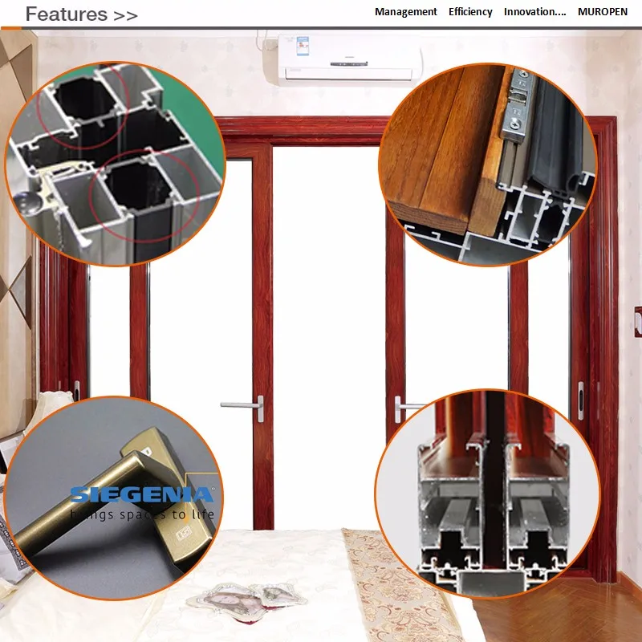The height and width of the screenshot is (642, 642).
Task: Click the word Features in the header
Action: [66, 14]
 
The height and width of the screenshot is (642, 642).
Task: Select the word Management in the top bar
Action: [405, 12]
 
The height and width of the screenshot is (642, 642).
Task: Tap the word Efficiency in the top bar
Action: [470, 12]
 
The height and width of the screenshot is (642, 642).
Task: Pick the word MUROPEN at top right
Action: [606, 12]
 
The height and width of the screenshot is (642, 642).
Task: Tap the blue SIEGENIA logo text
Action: [141, 495]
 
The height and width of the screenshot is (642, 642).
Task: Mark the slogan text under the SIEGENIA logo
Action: [141, 514]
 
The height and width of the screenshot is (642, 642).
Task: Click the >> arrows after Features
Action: [125, 14]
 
